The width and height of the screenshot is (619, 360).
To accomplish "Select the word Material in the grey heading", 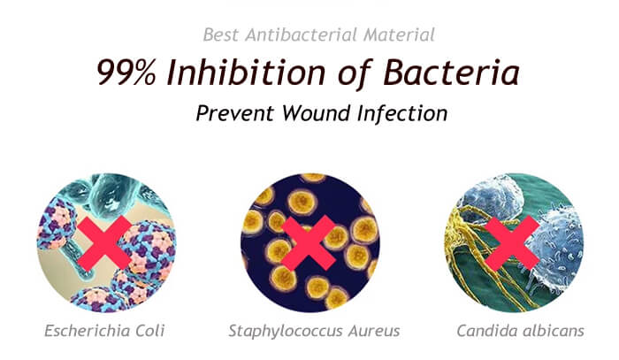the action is click(400, 34).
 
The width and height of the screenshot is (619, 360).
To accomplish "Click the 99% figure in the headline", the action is click(126, 73).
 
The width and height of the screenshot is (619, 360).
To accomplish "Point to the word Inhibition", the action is click(246, 73).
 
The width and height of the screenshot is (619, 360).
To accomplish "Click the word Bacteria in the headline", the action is click(451, 73).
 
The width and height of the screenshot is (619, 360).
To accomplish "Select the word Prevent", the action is click(234, 113).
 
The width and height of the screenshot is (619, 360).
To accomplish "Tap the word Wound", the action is click(317, 113).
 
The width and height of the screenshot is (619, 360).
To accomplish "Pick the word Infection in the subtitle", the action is click(402, 113).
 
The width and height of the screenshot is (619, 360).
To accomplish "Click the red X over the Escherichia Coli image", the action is click(104, 243).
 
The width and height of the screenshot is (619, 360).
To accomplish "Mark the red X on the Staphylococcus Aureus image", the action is click(308, 243).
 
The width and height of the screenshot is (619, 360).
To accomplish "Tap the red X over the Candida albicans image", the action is click(512, 243).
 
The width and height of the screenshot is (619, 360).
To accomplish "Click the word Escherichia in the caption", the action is click(87, 331).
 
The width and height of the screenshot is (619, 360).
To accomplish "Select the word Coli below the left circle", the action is click(149, 331).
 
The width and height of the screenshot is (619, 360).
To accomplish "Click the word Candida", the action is click(484, 331).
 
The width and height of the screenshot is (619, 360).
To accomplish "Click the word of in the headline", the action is click(355, 73).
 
